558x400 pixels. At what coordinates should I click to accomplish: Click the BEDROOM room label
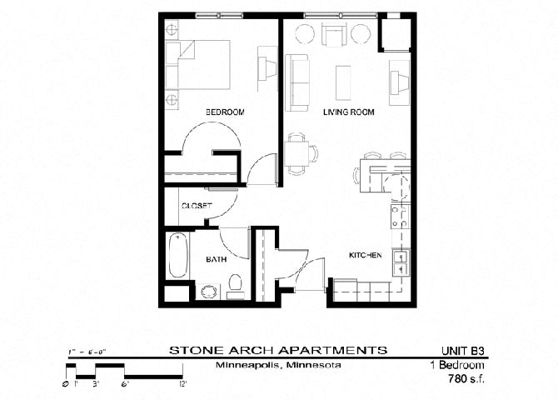[x=224, y=112]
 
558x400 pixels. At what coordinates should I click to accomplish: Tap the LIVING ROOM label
[x=349, y=112]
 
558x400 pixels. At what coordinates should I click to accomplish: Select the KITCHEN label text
[x=365, y=256]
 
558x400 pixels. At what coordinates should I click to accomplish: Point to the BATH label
[x=217, y=260]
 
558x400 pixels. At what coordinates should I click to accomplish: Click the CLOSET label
[x=196, y=205]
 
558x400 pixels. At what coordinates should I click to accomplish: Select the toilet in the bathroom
[x=235, y=286]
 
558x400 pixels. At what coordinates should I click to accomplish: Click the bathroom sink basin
[x=207, y=292]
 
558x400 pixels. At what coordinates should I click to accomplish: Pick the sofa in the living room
[x=296, y=82]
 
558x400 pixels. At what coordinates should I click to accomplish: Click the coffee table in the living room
[x=343, y=82]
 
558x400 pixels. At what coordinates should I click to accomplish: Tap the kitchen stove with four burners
[x=400, y=217]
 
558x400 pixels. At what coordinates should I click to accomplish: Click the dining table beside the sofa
[x=296, y=153]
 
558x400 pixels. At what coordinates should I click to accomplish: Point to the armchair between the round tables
[x=333, y=34]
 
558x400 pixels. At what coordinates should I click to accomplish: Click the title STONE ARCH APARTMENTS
[x=277, y=349]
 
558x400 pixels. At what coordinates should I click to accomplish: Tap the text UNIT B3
[x=461, y=349]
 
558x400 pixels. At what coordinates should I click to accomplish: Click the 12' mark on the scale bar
[x=182, y=383]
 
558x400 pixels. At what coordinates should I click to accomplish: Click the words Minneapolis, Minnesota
[x=277, y=365]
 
